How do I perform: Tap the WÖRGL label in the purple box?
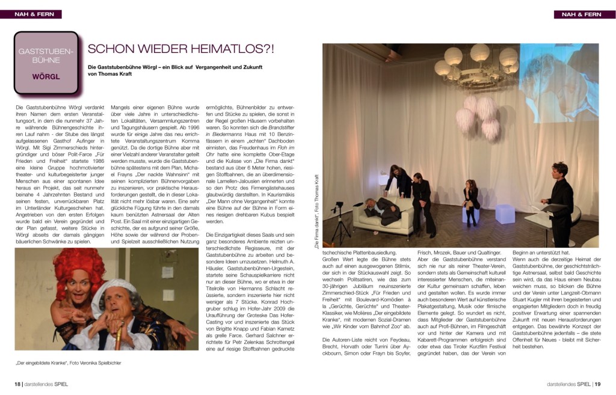pyautogui.click(x=46, y=77)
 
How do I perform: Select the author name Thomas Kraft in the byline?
pyautogui.click(x=110, y=74)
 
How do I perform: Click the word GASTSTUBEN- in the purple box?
pyautogui.click(x=46, y=52)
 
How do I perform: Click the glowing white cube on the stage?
pyautogui.click(x=504, y=213)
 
